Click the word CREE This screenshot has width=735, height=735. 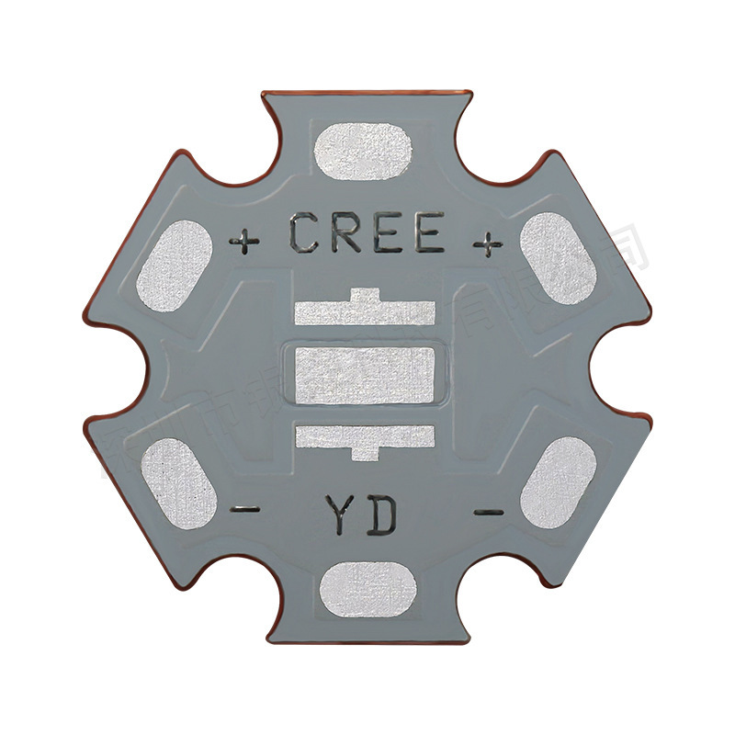tap(367, 233)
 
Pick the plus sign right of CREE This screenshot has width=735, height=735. tap(488, 243)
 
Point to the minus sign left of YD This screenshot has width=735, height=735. tap(244, 509)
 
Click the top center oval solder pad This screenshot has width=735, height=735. tap(364, 152)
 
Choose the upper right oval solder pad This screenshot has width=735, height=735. tap(559, 257)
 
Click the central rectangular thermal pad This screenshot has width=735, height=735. tap(367, 377)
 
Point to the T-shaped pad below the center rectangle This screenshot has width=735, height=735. tap(366, 435)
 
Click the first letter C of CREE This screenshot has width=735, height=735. tap(307, 233)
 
